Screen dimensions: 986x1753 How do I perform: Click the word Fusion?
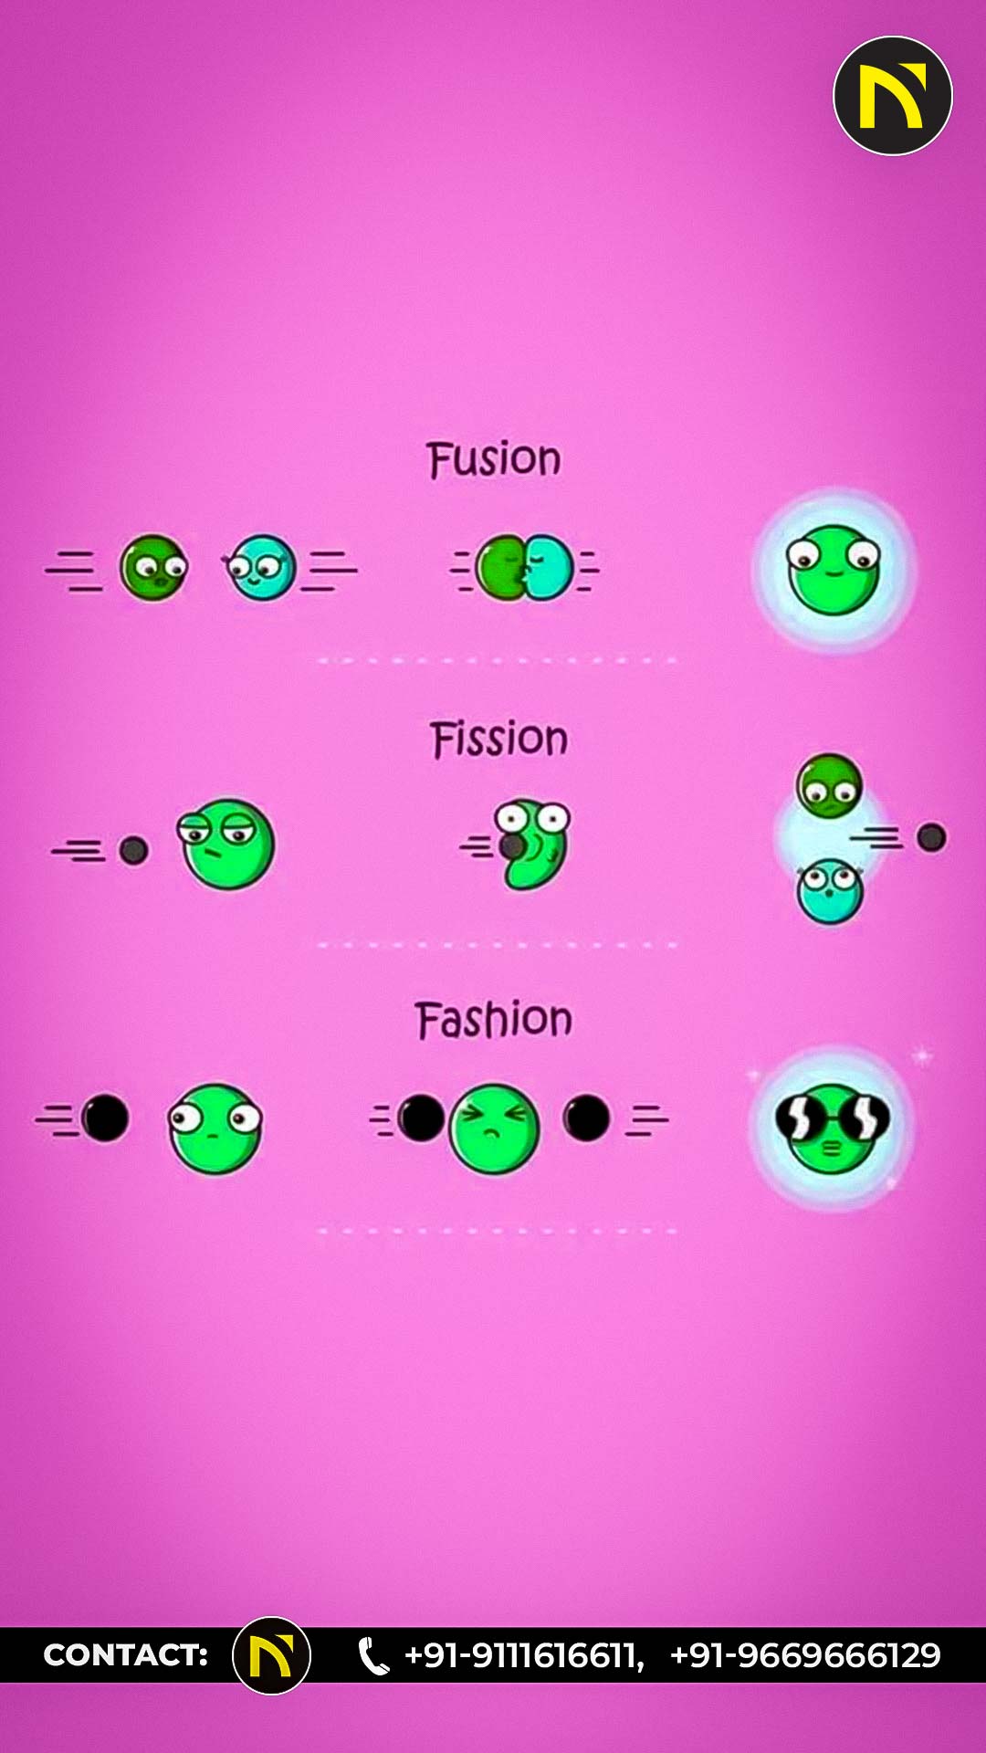click(x=494, y=459)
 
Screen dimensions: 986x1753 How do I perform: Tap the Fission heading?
click(x=498, y=739)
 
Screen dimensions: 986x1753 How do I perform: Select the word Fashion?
click(x=494, y=1020)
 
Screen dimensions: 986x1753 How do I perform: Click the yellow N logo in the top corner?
click(x=893, y=96)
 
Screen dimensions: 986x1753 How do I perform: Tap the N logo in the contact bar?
click(x=271, y=1655)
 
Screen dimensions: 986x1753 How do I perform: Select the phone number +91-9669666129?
click(x=805, y=1655)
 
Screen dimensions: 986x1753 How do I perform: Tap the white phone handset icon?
click(x=372, y=1656)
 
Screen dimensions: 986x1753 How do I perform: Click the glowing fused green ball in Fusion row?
click(x=834, y=570)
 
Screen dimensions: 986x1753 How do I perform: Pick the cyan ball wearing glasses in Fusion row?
click(x=261, y=568)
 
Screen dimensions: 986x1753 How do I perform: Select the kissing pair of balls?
click(x=525, y=567)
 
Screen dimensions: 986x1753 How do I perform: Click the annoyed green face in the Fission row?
click(x=226, y=844)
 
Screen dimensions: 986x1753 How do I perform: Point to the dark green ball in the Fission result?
click(x=829, y=785)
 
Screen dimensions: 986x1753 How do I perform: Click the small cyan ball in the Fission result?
click(x=830, y=891)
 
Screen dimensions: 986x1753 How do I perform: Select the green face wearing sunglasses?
click(x=832, y=1128)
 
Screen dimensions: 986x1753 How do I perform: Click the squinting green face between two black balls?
click(x=494, y=1128)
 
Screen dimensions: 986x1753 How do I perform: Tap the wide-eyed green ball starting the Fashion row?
click(x=215, y=1128)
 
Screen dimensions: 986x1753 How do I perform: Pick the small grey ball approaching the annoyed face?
click(x=133, y=851)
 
